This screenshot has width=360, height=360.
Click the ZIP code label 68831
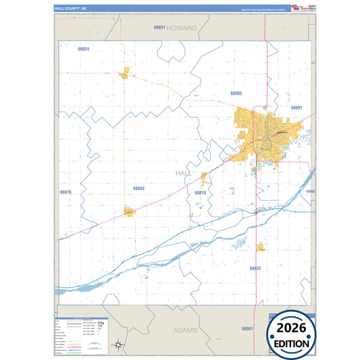(159, 28)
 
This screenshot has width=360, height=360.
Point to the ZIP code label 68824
(84, 49)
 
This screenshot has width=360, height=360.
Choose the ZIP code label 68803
(236, 93)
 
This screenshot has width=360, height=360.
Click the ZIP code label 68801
(296, 107)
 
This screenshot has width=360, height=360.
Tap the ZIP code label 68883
(138, 188)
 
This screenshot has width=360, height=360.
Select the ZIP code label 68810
(200, 192)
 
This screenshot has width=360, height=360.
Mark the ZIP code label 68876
(66, 192)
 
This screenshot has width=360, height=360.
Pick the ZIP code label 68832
(255, 268)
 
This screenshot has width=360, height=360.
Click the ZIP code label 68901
(247, 328)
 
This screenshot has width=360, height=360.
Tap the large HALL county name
(184, 174)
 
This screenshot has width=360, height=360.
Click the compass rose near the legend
(119, 344)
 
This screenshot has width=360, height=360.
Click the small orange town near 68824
(125, 73)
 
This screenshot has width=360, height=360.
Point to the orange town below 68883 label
(129, 212)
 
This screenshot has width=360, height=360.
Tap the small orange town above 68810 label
(204, 178)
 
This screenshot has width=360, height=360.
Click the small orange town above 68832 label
(261, 247)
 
